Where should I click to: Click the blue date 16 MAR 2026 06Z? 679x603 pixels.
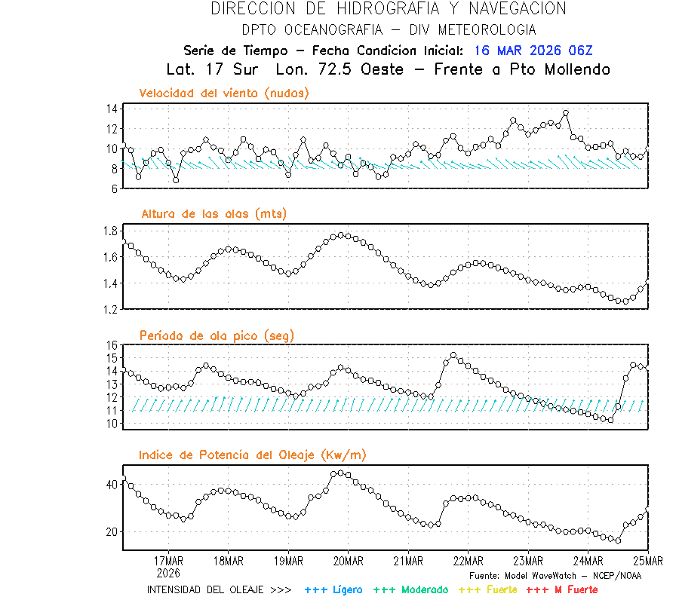(x=533, y=51)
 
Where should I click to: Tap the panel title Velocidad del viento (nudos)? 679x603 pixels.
(x=224, y=93)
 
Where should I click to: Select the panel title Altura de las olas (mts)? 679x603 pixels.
(x=214, y=214)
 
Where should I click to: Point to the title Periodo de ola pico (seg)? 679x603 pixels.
(x=217, y=335)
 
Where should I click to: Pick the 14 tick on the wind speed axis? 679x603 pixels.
(x=111, y=109)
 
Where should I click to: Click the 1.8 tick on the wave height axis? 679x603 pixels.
(x=109, y=231)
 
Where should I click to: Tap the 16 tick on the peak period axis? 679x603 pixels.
(x=111, y=345)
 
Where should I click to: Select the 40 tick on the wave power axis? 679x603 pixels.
(x=111, y=485)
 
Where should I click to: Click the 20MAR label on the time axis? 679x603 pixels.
(x=348, y=562)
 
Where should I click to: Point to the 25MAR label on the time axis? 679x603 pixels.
(x=648, y=562)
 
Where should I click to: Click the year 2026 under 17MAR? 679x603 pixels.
(x=168, y=573)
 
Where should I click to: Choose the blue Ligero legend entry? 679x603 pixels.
(x=333, y=589)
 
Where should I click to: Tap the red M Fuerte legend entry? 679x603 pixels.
(x=561, y=589)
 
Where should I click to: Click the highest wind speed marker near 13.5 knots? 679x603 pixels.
(x=566, y=114)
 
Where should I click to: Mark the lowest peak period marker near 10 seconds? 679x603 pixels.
(x=610, y=420)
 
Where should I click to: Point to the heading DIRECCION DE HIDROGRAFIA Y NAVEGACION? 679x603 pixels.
(x=389, y=9)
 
